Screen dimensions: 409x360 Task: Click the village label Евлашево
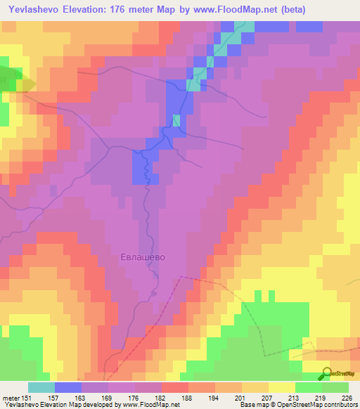pyautogui.click(x=142, y=257)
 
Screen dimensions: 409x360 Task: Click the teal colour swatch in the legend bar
pyautogui.click(x=41, y=387)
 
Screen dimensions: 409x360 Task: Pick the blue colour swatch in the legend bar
pyautogui.click(x=68, y=387)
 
